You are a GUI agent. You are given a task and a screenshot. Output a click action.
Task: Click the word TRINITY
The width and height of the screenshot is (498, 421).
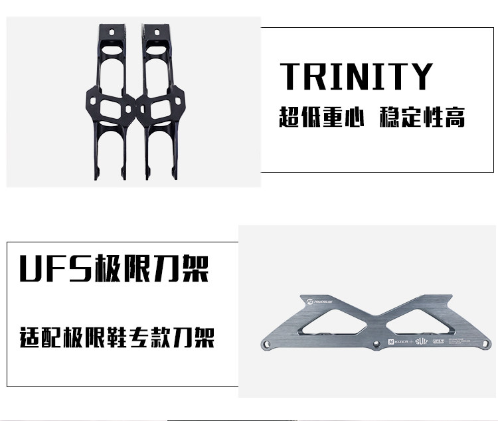356,76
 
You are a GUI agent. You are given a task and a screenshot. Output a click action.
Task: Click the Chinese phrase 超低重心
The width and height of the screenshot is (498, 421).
321,118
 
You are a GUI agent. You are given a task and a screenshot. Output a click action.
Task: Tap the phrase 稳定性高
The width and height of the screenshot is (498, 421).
422,118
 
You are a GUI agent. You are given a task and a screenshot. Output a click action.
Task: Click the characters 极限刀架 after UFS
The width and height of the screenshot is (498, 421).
152,268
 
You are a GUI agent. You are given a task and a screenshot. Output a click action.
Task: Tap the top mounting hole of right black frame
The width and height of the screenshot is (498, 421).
153,33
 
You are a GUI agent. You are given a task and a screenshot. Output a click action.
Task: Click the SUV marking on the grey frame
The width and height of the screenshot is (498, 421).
424,343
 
